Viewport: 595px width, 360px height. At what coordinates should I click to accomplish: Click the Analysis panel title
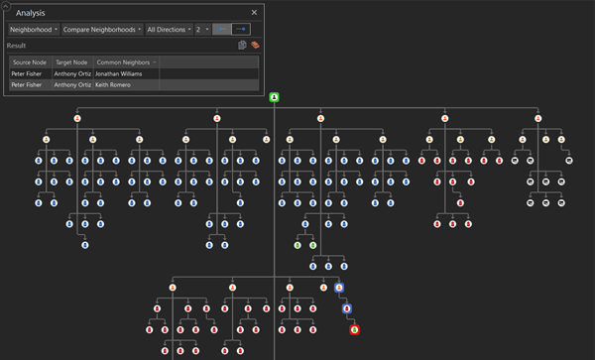click(x=29, y=13)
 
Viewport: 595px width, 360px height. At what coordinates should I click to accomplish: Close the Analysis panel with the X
click(x=254, y=13)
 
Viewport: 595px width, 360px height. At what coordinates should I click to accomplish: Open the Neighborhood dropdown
click(x=32, y=30)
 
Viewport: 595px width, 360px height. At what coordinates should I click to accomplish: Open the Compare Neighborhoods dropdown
click(x=100, y=30)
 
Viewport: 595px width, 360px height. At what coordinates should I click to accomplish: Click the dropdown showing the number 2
click(x=202, y=30)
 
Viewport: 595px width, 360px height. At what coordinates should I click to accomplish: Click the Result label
click(x=17, y=46)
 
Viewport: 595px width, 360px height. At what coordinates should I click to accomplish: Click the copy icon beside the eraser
click(x=242, y=46)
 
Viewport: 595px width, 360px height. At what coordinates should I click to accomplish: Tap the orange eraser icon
click(x=256, y=46)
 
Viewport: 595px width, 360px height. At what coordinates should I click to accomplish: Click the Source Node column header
click(x=29, y=61)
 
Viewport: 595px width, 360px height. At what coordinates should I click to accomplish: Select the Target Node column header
click(x=72, y=61)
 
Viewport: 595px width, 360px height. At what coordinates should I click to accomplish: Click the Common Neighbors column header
click(x=122, y=61)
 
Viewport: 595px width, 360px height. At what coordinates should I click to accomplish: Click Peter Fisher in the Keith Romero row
click(x=29, y=85)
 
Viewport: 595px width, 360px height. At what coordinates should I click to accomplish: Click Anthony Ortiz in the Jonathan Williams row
click(x=72, y=73)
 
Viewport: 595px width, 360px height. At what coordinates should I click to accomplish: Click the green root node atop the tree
click(x=274, y=97)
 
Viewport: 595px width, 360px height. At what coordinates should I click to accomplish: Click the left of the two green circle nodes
click(x=297, y=245)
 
